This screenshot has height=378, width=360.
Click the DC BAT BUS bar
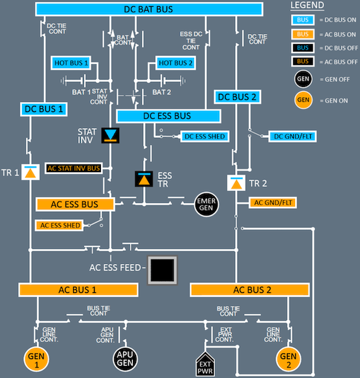click(x=149, y=9)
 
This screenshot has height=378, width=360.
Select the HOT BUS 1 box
click(x=71, y=63)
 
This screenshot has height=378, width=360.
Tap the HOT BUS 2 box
click(x=175, y=63)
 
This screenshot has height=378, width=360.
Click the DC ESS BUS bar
click(x=168, y=116)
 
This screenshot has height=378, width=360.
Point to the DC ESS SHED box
click(x=205, y=137)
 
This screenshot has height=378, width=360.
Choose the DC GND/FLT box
click(x=293, y=137)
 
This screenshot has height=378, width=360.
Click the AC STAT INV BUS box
click(x=74, y=168)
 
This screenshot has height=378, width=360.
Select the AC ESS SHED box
click(x=59, y=226)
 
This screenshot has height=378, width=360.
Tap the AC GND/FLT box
click(x=272, y=202)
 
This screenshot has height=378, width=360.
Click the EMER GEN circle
click(x=206, y=204)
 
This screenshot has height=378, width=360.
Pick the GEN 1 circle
click(x=36, y=359)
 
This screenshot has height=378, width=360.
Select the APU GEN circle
click(x=125, y=359)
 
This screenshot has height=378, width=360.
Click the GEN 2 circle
click(x=288, y=359)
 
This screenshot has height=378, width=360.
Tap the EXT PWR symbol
click(x=205, y=364)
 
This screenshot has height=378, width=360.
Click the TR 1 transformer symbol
click(x=30, y=172)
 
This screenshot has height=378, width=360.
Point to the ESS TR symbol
click(x=144, y=179)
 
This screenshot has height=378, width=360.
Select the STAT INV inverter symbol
click(x=110, y=135)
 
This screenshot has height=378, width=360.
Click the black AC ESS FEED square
click(x=163, y=270)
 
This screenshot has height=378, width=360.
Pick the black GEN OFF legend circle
click(x=303, y=79)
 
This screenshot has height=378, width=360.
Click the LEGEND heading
click(x=307, y=5)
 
